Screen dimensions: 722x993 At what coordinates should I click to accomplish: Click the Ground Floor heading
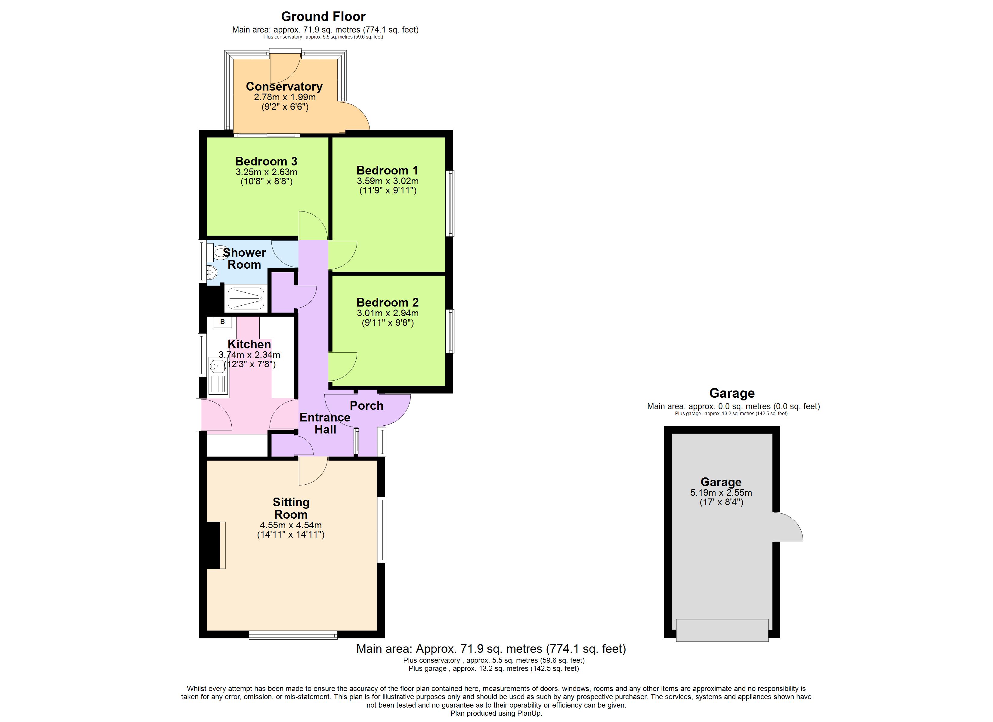click(x=323, y=17)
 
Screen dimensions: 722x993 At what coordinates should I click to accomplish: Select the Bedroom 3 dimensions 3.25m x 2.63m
click(x=266, y=172)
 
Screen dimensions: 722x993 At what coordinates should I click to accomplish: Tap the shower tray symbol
click(x=246, y=298)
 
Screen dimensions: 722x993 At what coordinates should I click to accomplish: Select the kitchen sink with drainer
click(x=218, y=376)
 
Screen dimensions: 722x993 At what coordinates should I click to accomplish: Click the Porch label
click(x=367, y=406)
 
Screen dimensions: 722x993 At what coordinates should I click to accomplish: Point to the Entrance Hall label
click(x=325, y=423)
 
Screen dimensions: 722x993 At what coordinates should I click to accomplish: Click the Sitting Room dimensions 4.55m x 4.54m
click(x=291, y=525)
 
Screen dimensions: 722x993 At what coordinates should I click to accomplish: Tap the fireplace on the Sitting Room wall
click(x=215, y=545)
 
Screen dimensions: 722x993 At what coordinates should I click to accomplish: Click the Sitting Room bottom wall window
click(x=293, y=634)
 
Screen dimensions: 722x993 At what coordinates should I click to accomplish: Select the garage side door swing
click(x=788, y=528)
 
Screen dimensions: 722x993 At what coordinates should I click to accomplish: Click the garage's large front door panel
click(x=722, y=630)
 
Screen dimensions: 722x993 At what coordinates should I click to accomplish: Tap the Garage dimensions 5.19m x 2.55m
click(x=721, y=492)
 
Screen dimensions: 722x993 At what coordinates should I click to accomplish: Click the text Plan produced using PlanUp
click(x=496, y=713)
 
